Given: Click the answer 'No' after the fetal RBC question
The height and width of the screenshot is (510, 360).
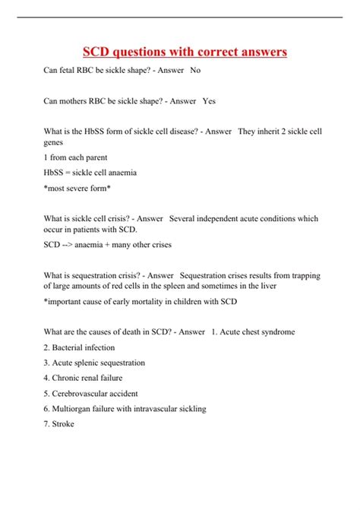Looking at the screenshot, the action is point(195,69).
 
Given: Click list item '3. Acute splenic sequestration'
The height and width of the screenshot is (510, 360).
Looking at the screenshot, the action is point(96,363).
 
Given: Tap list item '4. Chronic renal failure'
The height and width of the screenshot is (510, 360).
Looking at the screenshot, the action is point(83,378).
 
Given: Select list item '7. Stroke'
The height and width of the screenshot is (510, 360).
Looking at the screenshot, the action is point(59,424).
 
